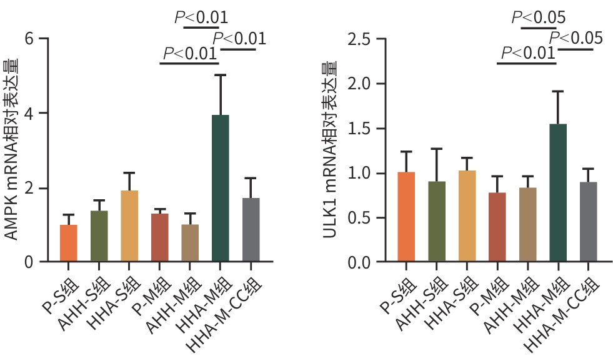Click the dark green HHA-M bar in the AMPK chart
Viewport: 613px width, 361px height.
(220, 187)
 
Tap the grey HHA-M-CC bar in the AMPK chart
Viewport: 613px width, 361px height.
(250, 229)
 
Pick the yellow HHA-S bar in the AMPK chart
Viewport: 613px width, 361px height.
(129, 225)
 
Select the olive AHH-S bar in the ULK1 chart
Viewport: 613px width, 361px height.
(437, 221)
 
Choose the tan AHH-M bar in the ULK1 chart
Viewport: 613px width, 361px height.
(527, 224)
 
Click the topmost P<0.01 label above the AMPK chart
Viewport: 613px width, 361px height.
(201, 17)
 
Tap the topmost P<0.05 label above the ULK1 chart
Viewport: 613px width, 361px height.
(538, 17)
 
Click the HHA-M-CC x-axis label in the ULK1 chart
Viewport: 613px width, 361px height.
(566, 312)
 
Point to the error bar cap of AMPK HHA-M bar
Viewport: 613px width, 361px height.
(220, 76)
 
